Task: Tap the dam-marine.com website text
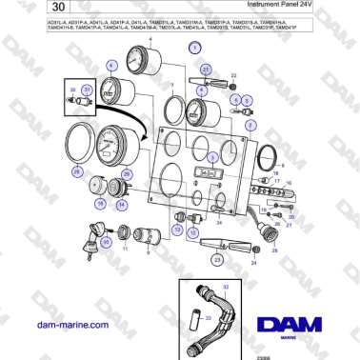point(68,325)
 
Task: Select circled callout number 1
point(194,46)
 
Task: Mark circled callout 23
point(218,258)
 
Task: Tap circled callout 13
point(177,230)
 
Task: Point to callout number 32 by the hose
point(226,286)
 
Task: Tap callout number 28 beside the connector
point(274,250)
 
